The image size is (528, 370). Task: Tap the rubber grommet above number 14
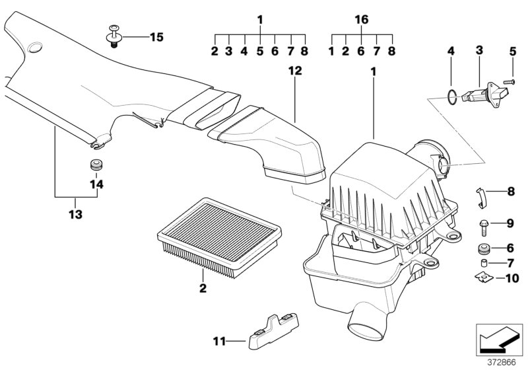point(96,164)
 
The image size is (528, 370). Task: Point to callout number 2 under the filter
point(203,288)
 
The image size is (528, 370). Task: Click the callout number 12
point(295,71)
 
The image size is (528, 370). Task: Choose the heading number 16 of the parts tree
point(361,20)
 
